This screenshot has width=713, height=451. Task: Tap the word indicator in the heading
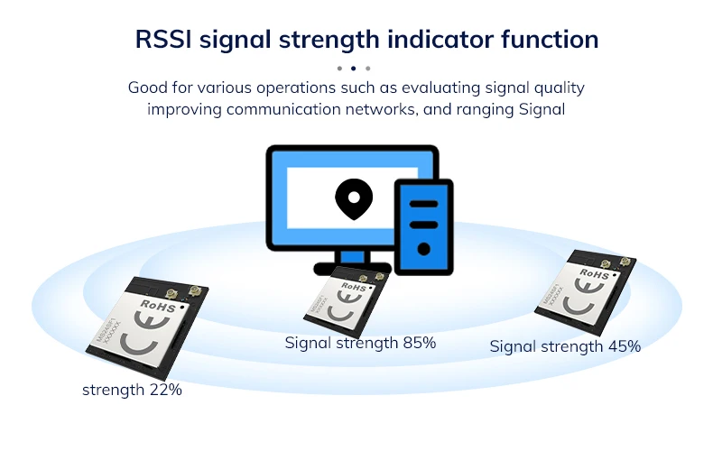(x=437, y=40)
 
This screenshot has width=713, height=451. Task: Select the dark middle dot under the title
(x=353, y=68)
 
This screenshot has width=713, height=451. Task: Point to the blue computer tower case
(x=422, y=225)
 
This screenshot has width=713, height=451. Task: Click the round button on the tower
(x=422, y=249)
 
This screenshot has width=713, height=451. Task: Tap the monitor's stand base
(x=352, y=268)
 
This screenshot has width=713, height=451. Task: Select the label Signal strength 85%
(x=360, y=343)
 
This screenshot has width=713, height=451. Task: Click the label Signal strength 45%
(x=565, y=346)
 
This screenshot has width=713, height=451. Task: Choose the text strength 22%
(x=132, y=390)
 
